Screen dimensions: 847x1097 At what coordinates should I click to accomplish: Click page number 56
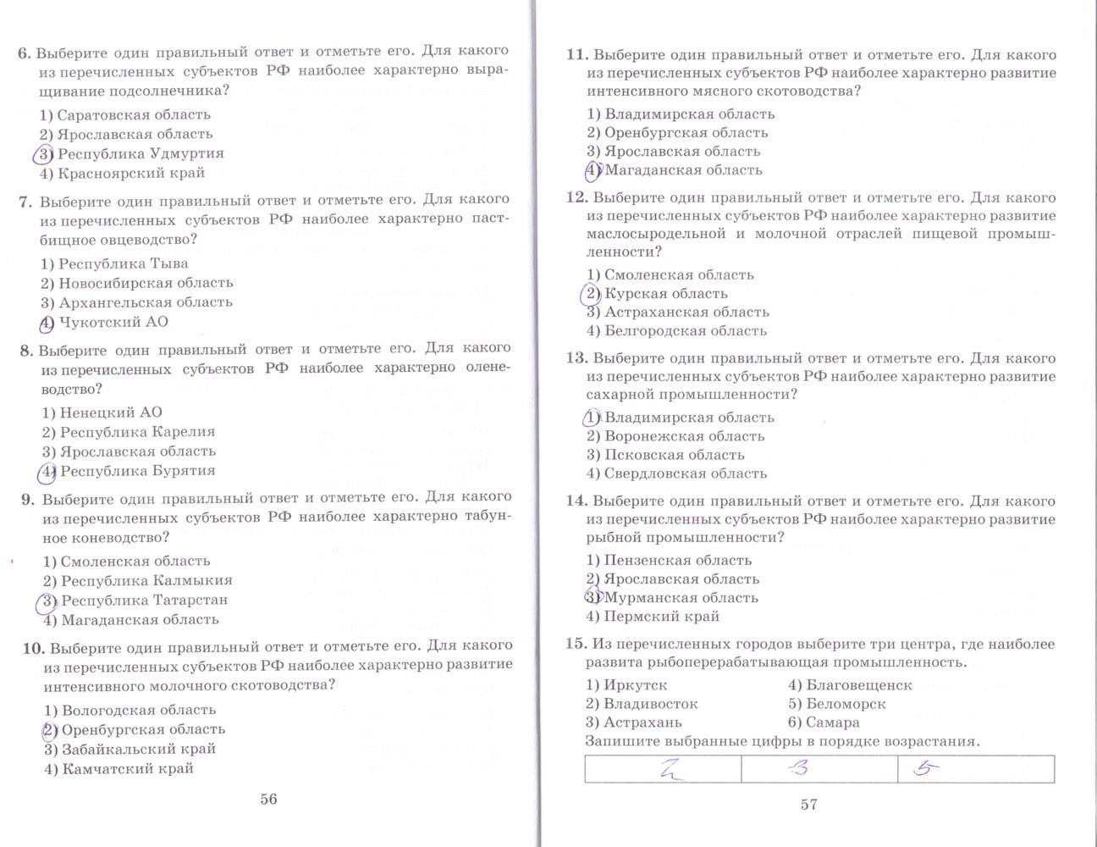click(x=268, y=799)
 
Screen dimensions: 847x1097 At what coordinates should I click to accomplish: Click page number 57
click(x=809, y=805)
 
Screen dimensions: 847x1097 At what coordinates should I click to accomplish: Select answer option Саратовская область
click(x=125, y=114)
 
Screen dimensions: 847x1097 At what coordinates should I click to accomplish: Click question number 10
click(x=34, y=648)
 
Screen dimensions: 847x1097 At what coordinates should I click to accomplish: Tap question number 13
click(x=576, y=357)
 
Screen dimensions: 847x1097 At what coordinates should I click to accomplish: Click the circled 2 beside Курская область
click(x=591, y=294)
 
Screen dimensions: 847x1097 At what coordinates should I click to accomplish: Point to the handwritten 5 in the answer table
click(x=922, y=769)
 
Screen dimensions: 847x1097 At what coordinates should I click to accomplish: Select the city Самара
click(x=832, y=722)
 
